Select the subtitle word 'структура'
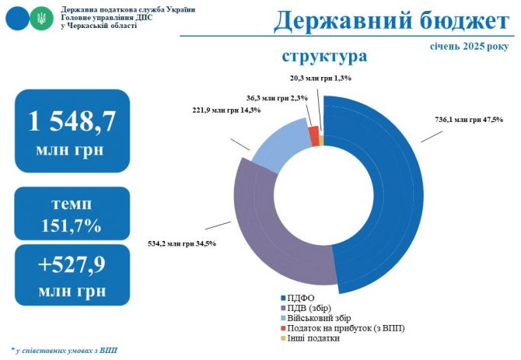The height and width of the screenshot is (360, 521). [x=324, y=57]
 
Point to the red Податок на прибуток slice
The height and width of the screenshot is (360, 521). [x=314, y=135]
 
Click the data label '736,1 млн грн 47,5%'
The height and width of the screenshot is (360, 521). [x=468, y=119]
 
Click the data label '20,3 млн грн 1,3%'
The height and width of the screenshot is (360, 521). [x=320, y=78]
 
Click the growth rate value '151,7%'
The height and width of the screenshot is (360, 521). [x=72, y=226]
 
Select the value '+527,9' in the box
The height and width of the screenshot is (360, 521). [x=72, y=264]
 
